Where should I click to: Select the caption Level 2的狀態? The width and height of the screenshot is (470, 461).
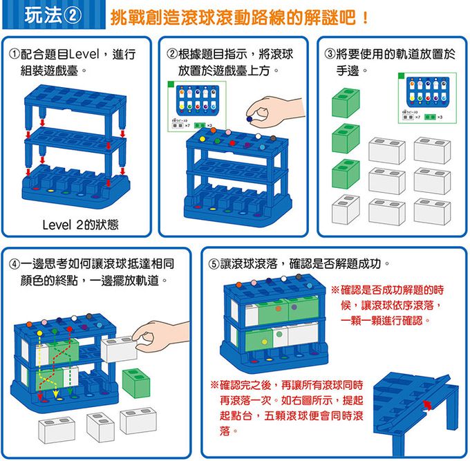[x=80, y=225]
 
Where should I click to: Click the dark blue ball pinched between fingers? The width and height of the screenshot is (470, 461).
[x=250, y=118]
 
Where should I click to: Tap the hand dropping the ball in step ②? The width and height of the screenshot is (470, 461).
[x=270, y=109]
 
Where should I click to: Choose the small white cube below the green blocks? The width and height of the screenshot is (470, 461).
[x=346, y=209]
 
